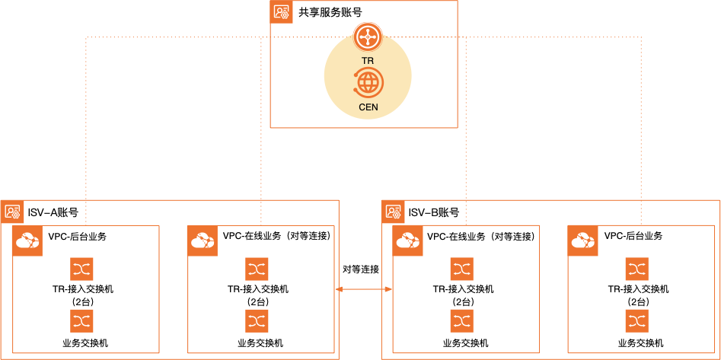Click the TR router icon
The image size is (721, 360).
367,36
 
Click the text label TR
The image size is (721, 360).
368,60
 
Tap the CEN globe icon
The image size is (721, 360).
368,81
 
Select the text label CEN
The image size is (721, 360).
368,107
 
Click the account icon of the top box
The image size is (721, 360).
282,12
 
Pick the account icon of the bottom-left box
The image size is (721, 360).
13,212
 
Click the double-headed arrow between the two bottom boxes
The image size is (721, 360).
364,289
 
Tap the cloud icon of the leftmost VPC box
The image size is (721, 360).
27,241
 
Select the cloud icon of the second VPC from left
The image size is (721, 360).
203,241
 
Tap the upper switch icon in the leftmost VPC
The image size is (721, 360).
81,269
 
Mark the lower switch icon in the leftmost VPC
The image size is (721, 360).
81,320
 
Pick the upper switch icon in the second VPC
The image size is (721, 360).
257,269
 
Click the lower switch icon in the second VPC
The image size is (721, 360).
257,320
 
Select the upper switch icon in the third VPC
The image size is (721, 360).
461,269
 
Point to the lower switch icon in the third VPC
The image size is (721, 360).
461,320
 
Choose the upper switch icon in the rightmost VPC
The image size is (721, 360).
636,269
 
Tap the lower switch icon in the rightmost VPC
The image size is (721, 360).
636,320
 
